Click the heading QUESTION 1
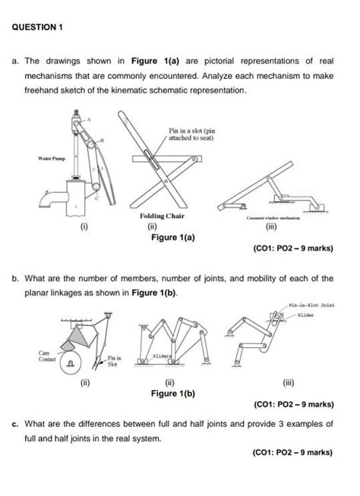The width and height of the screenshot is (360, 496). [x=39, y=26]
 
